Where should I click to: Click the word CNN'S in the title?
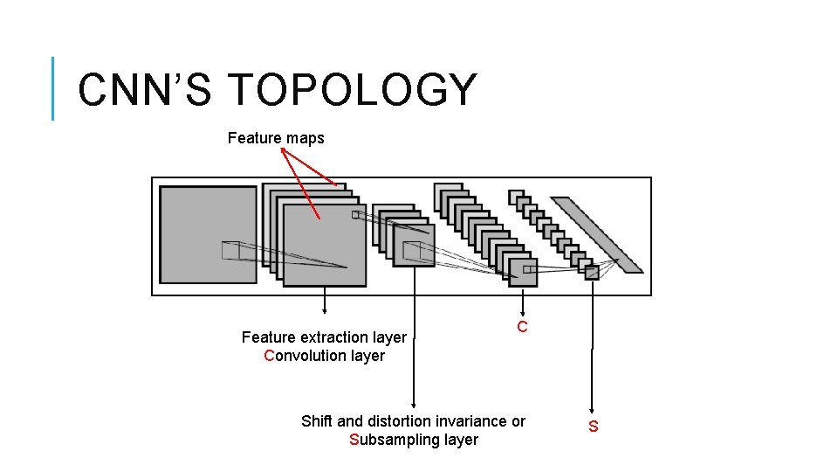pos(145,90)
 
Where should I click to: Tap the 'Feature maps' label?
pos(276,138)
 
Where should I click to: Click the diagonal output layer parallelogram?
pos(598,234)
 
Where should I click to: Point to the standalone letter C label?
pos(522,328)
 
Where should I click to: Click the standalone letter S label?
pos(594,427)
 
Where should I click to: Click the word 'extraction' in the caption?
pos(330,337)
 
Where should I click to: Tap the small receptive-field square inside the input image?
pos(230,250)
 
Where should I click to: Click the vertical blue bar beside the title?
pos(53,88)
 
